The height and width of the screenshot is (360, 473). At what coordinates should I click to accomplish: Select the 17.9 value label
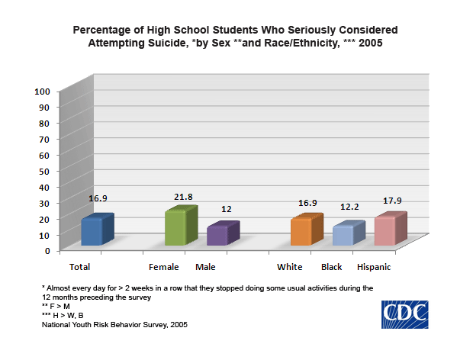(392, 201)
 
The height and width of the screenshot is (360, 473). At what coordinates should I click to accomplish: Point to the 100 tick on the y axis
(43, 91)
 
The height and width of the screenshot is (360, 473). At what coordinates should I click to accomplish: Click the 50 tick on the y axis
(45, 170)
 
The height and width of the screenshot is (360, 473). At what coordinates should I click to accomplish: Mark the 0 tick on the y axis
(47, 250)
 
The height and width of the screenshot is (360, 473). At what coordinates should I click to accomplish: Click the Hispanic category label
(375, 267)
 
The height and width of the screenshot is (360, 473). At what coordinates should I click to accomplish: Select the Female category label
(164, 267)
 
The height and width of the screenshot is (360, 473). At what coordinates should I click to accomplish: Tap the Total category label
(81, 267)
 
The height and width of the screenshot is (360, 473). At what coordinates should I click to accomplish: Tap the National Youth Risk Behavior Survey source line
(114, 325)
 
